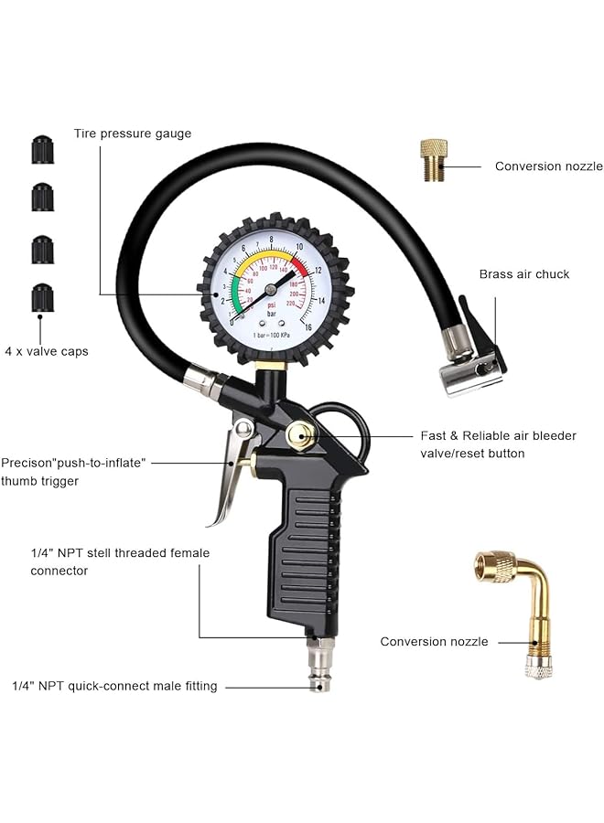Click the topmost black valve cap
[42, 149]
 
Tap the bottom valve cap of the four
[42, 297]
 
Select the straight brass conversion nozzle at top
[434, 160]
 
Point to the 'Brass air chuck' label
[523, 273]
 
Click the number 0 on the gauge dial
[232, 321]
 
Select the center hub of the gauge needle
[271, 290]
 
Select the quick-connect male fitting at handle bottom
[319, 666]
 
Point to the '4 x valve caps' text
[47, 351]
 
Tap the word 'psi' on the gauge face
[271, 305]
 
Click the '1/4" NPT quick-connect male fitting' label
[114, 686]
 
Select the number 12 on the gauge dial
[317, 271]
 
